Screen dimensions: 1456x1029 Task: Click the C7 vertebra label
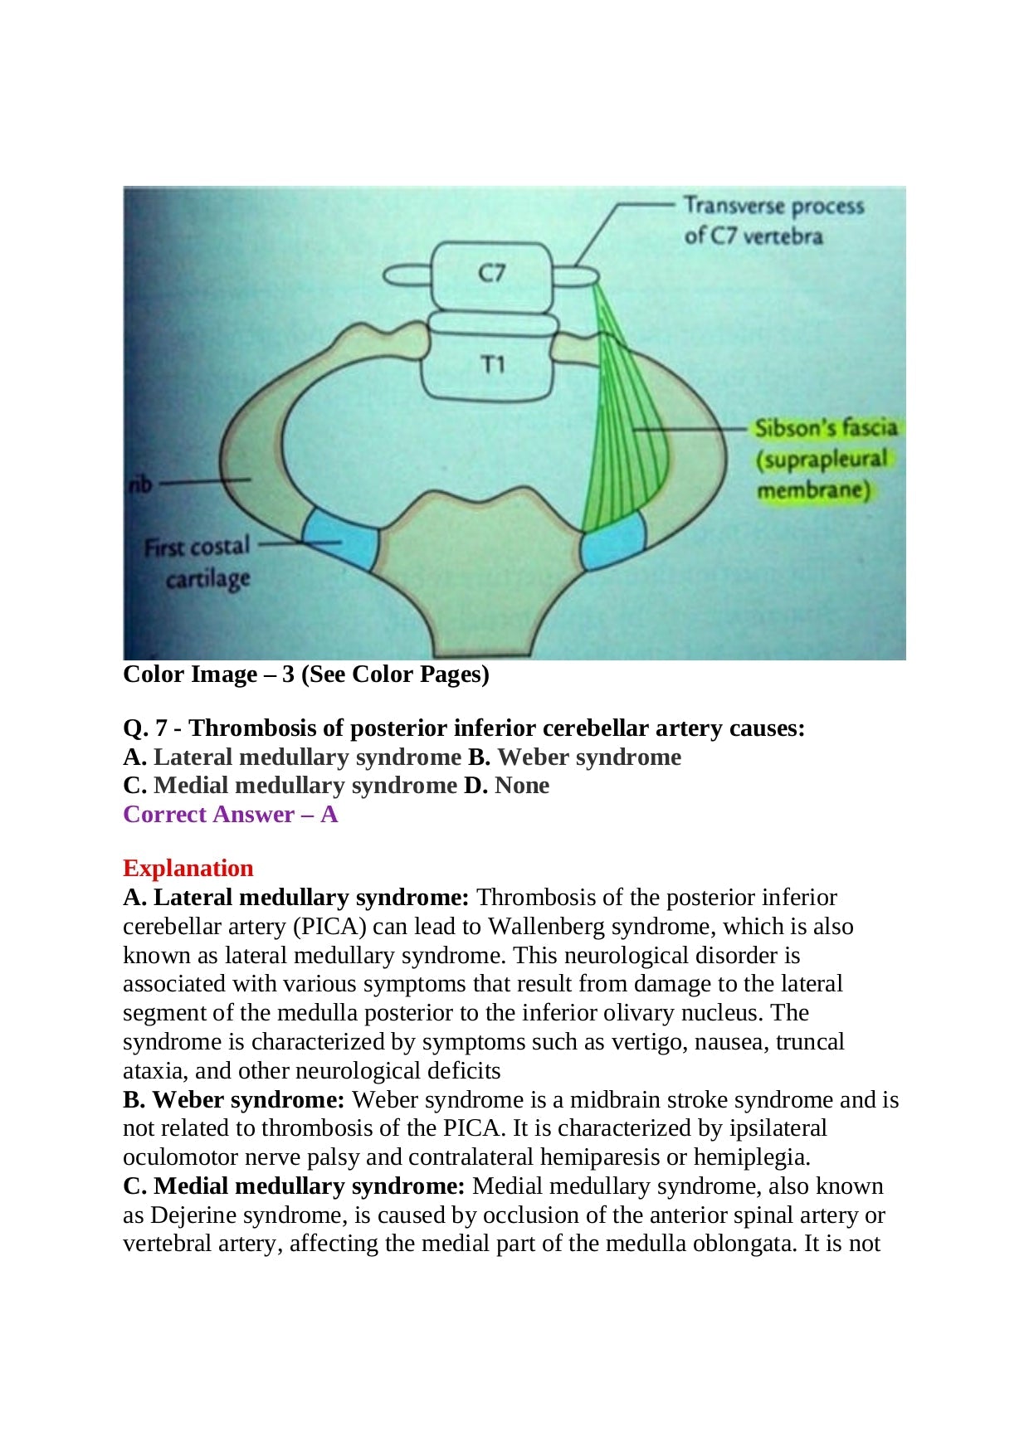491,273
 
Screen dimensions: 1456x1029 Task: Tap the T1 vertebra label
493,364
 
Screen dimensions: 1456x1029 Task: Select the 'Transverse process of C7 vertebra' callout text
772,221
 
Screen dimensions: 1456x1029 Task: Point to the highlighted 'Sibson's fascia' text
826,428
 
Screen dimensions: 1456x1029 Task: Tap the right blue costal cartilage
613,542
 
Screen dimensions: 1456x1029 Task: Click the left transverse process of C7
406,275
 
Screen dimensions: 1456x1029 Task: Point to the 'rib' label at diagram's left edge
140,483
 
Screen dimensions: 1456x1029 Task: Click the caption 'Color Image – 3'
305,674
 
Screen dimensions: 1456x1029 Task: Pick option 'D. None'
506,786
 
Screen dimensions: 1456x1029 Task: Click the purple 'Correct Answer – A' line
230,815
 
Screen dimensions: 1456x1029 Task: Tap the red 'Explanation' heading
188,869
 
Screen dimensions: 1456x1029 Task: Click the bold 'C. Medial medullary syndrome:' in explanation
294,1186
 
